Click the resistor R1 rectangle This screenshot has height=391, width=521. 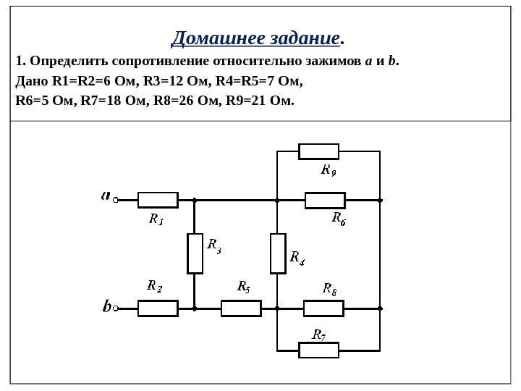coord(158,200)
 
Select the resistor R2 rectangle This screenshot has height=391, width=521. coord(158,308)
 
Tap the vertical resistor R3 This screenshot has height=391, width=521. coord(195,253)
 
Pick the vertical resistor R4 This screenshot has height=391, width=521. coord(278,253)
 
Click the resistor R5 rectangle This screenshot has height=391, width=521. coord(241,308)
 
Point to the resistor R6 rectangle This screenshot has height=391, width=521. coord(325,200)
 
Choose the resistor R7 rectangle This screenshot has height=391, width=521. coord(318,350)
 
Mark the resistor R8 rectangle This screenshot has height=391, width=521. coord(323,308)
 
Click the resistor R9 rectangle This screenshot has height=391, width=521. coord(318,151)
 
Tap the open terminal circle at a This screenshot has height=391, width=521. coord(116,200)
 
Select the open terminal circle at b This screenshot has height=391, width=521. coord(116,308)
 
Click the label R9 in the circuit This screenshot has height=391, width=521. coord(329,170)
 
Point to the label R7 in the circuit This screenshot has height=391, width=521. coord(319,335)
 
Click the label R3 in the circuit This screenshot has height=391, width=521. coord(214,245)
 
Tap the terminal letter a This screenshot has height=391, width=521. coord(106,195)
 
